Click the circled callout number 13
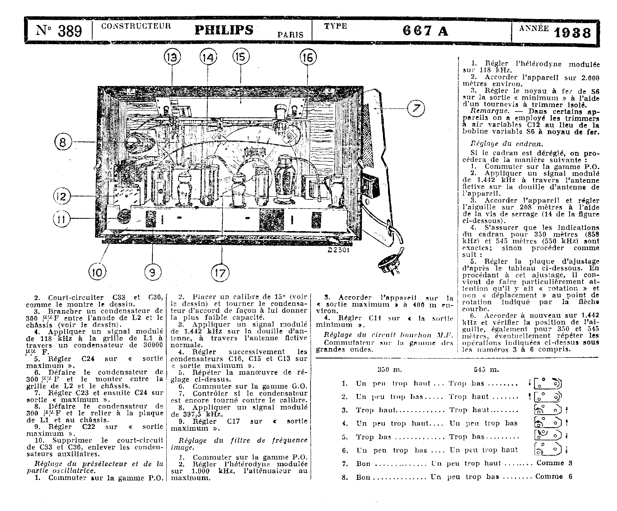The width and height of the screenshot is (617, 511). (172, 57)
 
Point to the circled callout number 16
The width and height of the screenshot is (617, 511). (308, 57)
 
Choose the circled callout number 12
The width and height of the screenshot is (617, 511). (62, 196)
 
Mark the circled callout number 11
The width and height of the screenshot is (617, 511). (62, 219)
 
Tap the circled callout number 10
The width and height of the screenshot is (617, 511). (97, 272)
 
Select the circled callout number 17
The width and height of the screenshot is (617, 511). (220, 273)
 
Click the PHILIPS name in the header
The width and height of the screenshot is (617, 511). (224, 30)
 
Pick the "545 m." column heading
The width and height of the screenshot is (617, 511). (486, 370)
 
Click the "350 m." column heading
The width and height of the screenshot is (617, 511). (390, 370)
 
